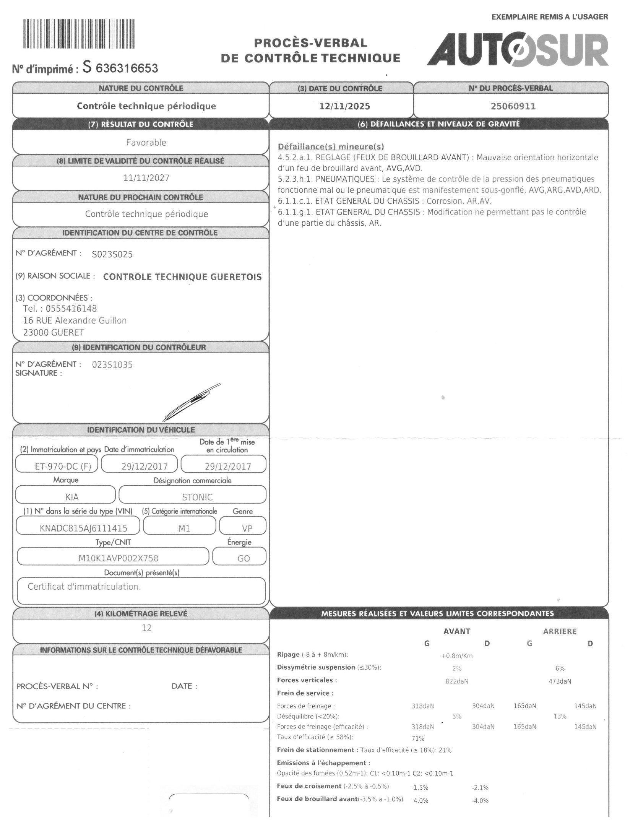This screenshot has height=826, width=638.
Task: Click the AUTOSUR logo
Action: click(x=518, y=50)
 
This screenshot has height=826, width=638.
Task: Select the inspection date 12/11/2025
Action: click(x=344, y=106)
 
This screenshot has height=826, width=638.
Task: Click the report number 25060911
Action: click(x=513, y=106)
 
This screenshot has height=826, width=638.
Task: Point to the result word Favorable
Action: click(x=146, y=143)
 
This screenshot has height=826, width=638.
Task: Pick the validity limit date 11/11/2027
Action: click(x=146, y=178)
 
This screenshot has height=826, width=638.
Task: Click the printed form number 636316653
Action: click(x=127, y=68)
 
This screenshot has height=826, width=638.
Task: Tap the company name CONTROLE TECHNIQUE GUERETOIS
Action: click(x=182, y=277)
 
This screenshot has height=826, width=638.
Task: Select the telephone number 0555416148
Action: click(x=71, y=309)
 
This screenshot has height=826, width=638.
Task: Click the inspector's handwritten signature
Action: click(x=191, y=402)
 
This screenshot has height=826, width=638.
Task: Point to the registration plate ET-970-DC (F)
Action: click(x=57, y=467)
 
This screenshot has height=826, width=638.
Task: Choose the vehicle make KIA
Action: click(x=72, y=497)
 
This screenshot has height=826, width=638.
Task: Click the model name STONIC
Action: click(x=197, y=497)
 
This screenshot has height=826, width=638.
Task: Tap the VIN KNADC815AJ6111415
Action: click(x=83, y=528)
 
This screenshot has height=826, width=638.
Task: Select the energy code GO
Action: click(x=244, y=558)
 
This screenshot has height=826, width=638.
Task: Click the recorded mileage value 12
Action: click(x=146, y=628)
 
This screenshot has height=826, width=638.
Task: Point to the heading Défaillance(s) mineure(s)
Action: click(x=331, y=146)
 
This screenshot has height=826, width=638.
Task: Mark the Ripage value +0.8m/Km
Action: click(x=457, y=655)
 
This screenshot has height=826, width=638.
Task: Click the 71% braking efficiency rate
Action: click(x=418, y=738)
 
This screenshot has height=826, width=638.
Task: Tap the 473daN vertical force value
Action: click(x=560, y=681)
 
